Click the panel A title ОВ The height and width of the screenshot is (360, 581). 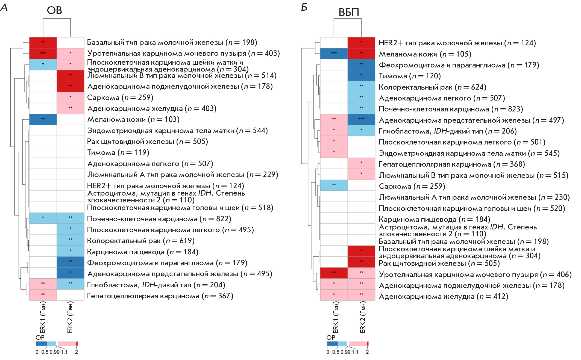(x=54, y=10)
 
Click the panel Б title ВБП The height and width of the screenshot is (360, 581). (x=348, y=12)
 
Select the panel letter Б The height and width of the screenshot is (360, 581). (x=304, y=7)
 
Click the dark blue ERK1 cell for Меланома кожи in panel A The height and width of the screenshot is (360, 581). (x=43, y=119)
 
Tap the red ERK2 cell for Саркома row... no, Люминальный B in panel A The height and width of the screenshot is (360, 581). (x=71, y=75)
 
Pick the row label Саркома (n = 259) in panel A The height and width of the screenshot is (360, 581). (x=120, y=98)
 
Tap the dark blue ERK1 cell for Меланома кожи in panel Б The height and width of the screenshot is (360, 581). (x=334, y=54)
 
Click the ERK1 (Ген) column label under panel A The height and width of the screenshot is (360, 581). (x=43, y=317)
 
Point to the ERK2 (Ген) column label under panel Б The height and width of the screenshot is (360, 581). (x=362, y=317)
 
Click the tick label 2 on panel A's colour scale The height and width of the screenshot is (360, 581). (x=77, y=352)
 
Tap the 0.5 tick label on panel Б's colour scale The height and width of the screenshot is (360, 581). (x=336, y=352)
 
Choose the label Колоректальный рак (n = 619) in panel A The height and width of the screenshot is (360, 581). (x=140, y=241)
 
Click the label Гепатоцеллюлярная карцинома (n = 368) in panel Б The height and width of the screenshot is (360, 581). (x=451, y=164)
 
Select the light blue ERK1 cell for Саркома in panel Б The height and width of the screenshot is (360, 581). (x=334, y=185)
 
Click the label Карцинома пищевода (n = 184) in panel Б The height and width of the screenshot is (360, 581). (x=434, y=219)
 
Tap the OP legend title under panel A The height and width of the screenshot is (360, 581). (x=40, y=337)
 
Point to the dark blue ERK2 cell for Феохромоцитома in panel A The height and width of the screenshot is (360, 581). (x=71, y=262)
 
